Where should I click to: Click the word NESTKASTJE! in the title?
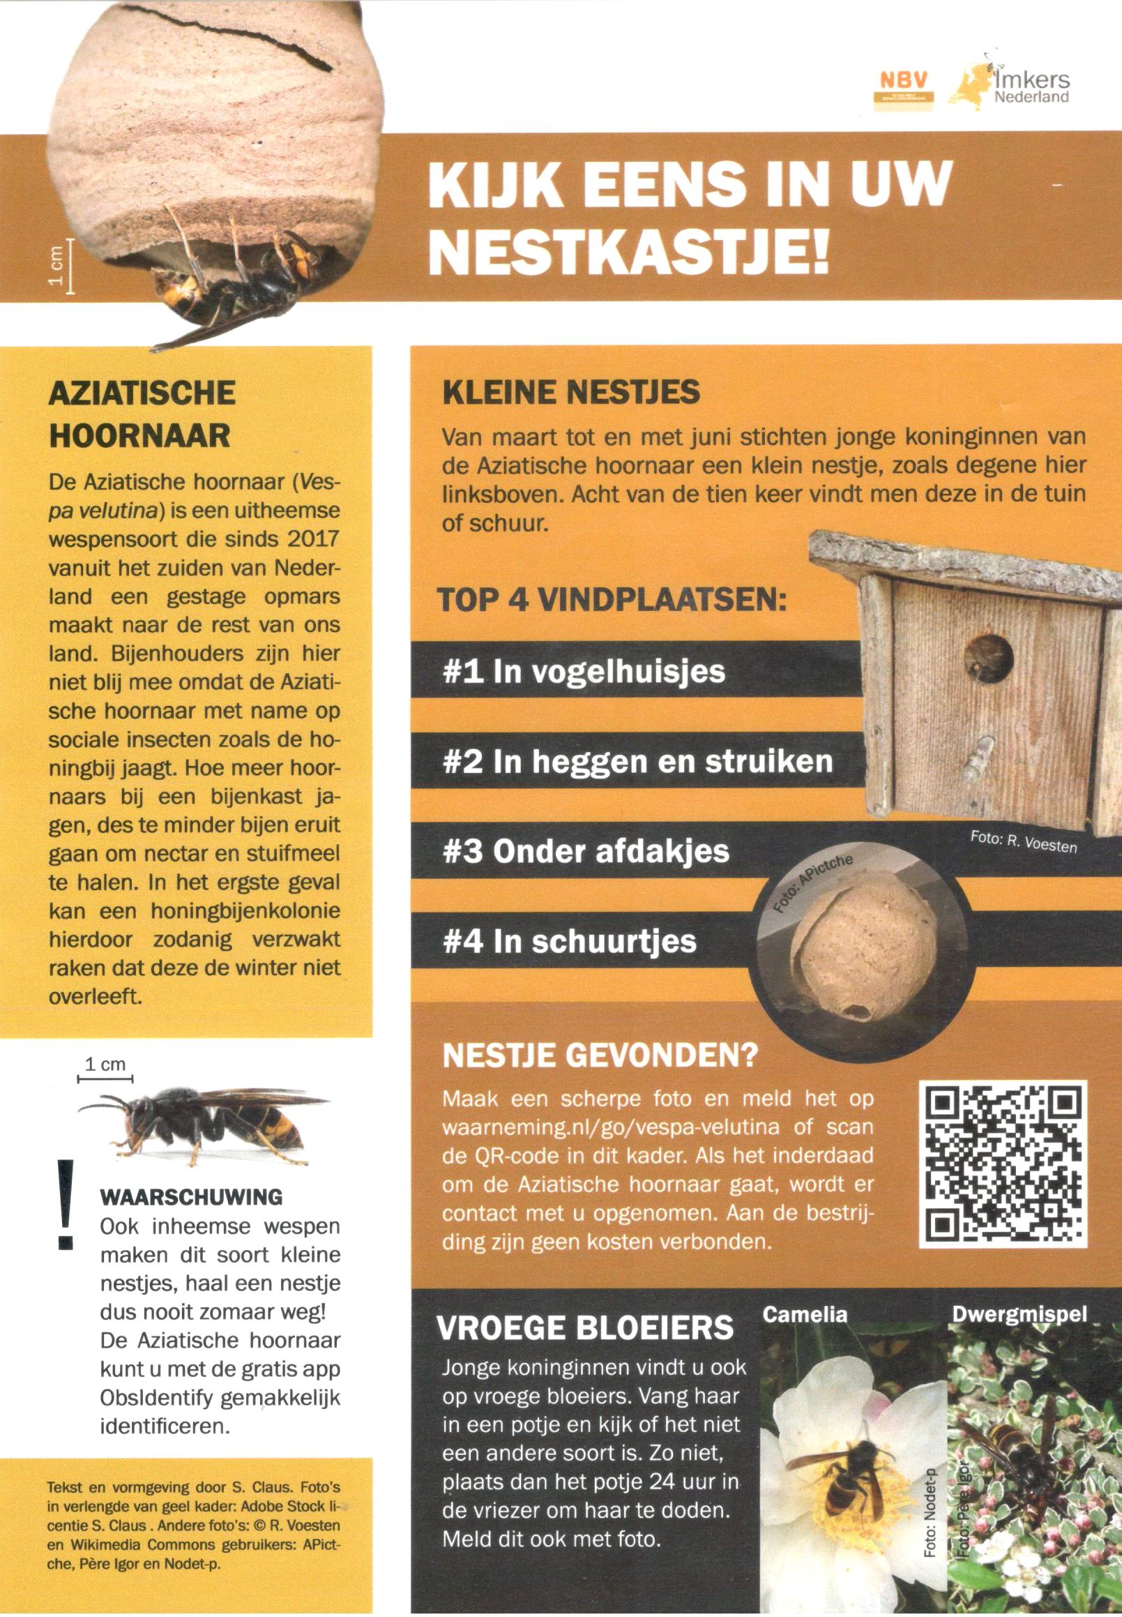(x=629, y=250)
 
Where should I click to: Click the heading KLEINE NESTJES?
(x=571, y=392)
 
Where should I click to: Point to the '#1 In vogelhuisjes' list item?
(x=584, y=672)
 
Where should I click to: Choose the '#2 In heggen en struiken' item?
(x=637, y=761)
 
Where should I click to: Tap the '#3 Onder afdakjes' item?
(x=586, y=851)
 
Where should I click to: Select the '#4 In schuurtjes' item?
(x=570, y=941)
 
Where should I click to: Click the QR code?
(x=1003, y=1164)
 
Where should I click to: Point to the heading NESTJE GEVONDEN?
(x=600, y=1055)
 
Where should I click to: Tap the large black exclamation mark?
(x=66, y=1203)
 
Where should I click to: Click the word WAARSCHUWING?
(x=191, y=1197)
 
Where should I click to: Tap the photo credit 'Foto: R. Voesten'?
(x=1023, y=841)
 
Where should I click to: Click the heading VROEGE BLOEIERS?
(x=585, y=1328)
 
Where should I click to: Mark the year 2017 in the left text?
(x=313, y=539)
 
